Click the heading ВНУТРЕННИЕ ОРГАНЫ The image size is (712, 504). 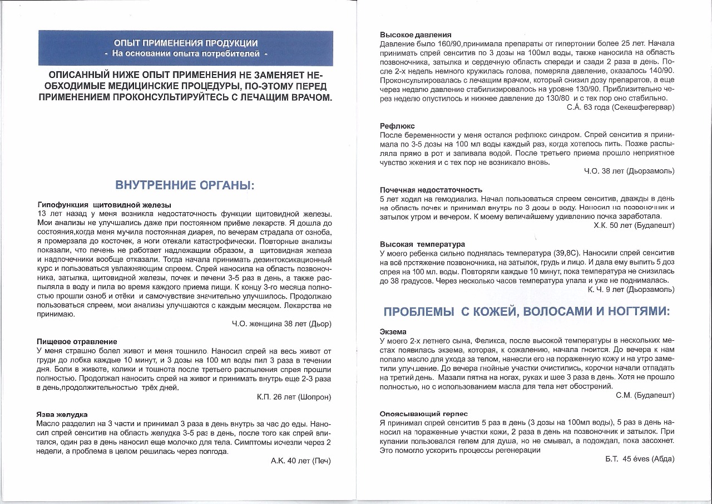point(185,185)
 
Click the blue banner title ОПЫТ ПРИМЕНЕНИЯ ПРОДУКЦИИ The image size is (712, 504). point(185,43)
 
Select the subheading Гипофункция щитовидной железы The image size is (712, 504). point(104,205)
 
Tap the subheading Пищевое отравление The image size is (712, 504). point(77,341)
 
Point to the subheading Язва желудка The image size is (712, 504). point(62,415)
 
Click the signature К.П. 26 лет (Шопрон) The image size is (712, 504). point(294,397)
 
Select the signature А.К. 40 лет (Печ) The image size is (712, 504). point(300,461)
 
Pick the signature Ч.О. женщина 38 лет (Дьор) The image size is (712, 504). point(281,324)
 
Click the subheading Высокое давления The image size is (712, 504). point(416,35)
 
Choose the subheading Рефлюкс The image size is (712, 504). point(397,126)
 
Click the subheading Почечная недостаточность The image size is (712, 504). point(431,190)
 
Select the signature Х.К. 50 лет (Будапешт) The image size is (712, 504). point(634,226)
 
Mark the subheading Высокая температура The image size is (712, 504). point(422,244)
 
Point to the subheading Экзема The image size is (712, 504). point(393,331)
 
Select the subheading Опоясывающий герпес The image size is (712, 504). point(424,414)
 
